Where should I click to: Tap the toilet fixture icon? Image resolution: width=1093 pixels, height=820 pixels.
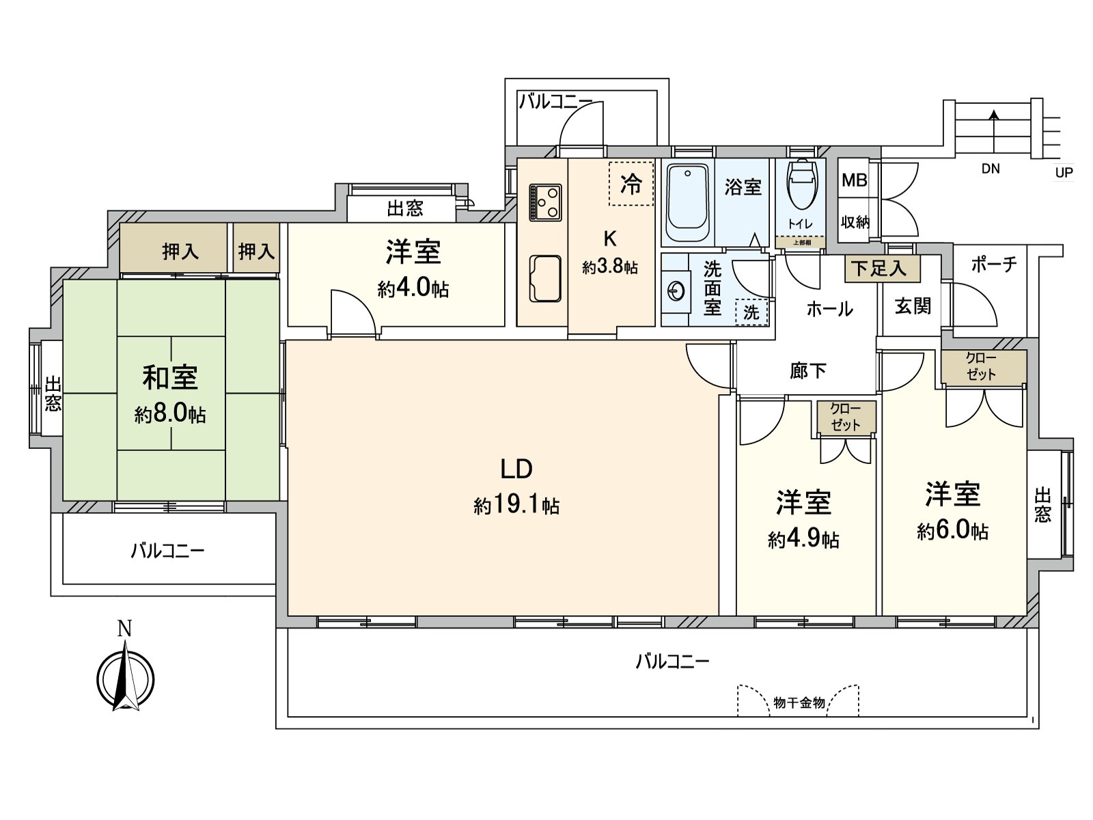[x=801, y=184]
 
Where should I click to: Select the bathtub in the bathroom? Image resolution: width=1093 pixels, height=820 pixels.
[x=688, y=202]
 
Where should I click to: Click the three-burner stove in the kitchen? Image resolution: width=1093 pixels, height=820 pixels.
[x=545, y=203]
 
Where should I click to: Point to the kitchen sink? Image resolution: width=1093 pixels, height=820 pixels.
[x=545, y=278]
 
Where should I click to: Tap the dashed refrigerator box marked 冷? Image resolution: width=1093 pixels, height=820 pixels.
[x=631, y=184]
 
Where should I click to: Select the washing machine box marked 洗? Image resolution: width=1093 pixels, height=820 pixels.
[x=752, y=312]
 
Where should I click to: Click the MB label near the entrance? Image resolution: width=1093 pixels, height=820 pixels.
[x=855, y=180]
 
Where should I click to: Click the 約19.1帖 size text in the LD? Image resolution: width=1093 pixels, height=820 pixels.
[x=517, y=506]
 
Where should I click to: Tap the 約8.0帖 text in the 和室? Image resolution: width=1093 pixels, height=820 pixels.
[x=170, y=413]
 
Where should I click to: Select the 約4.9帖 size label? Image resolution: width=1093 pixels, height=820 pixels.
[x=803, y=539]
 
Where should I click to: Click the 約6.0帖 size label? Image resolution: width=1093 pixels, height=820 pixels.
[x=952, y=531]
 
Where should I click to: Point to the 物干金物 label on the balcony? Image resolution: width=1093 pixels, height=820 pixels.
[x=799, y=702]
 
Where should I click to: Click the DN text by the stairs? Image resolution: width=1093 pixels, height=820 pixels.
[x=991, y=169]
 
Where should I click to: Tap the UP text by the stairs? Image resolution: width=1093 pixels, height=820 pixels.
[x=1064, y=173]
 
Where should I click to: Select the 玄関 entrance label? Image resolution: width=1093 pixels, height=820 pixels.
[x=913, y=306]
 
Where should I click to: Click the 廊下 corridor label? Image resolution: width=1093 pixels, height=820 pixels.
[x=807, y=370]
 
